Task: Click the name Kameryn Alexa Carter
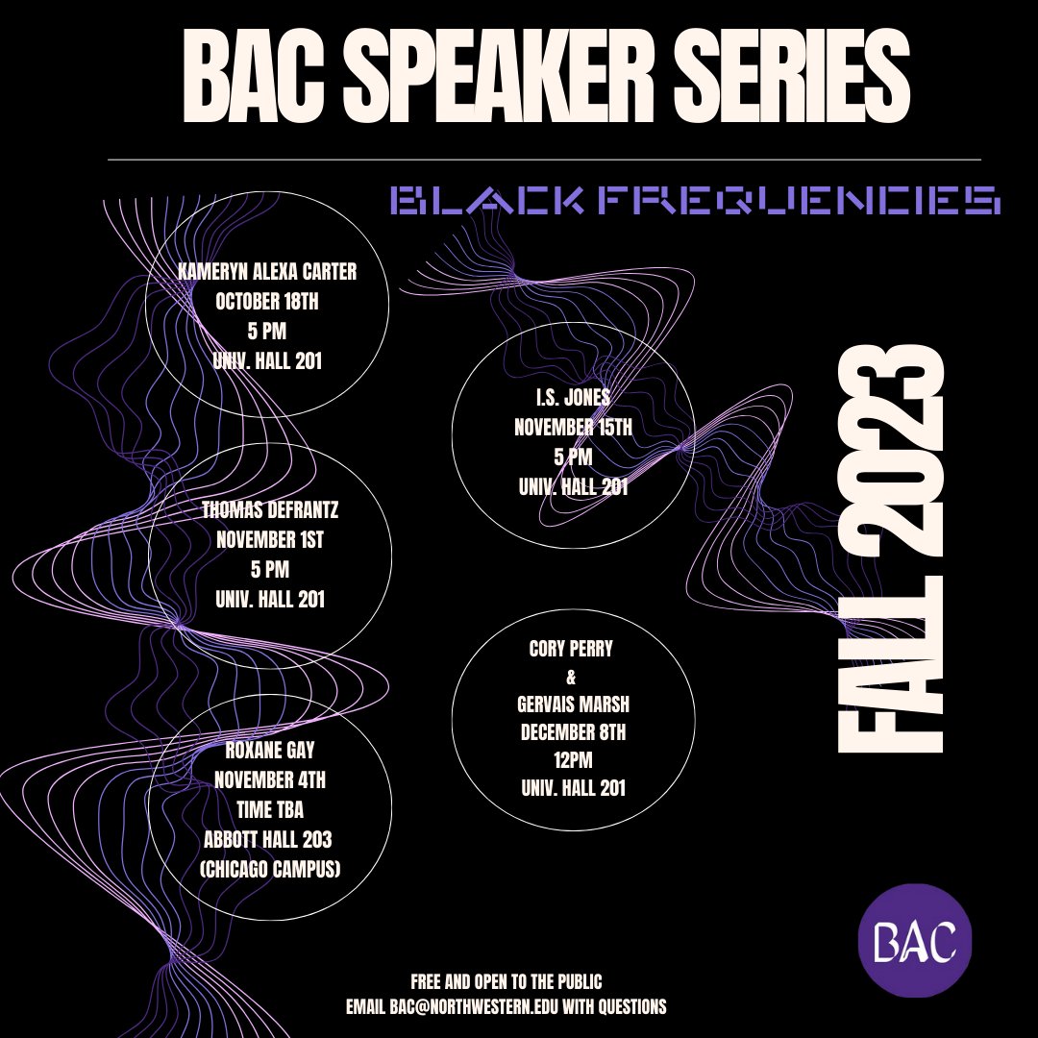point(268,272)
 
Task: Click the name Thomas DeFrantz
point(269,510)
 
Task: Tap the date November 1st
point(269,540)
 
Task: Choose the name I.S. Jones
point(573,397)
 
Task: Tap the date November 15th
point(573,427)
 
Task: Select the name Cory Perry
point(573,650)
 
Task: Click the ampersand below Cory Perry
point(573,679)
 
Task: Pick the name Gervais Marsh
point(573,707)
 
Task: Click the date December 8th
point(573,734)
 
